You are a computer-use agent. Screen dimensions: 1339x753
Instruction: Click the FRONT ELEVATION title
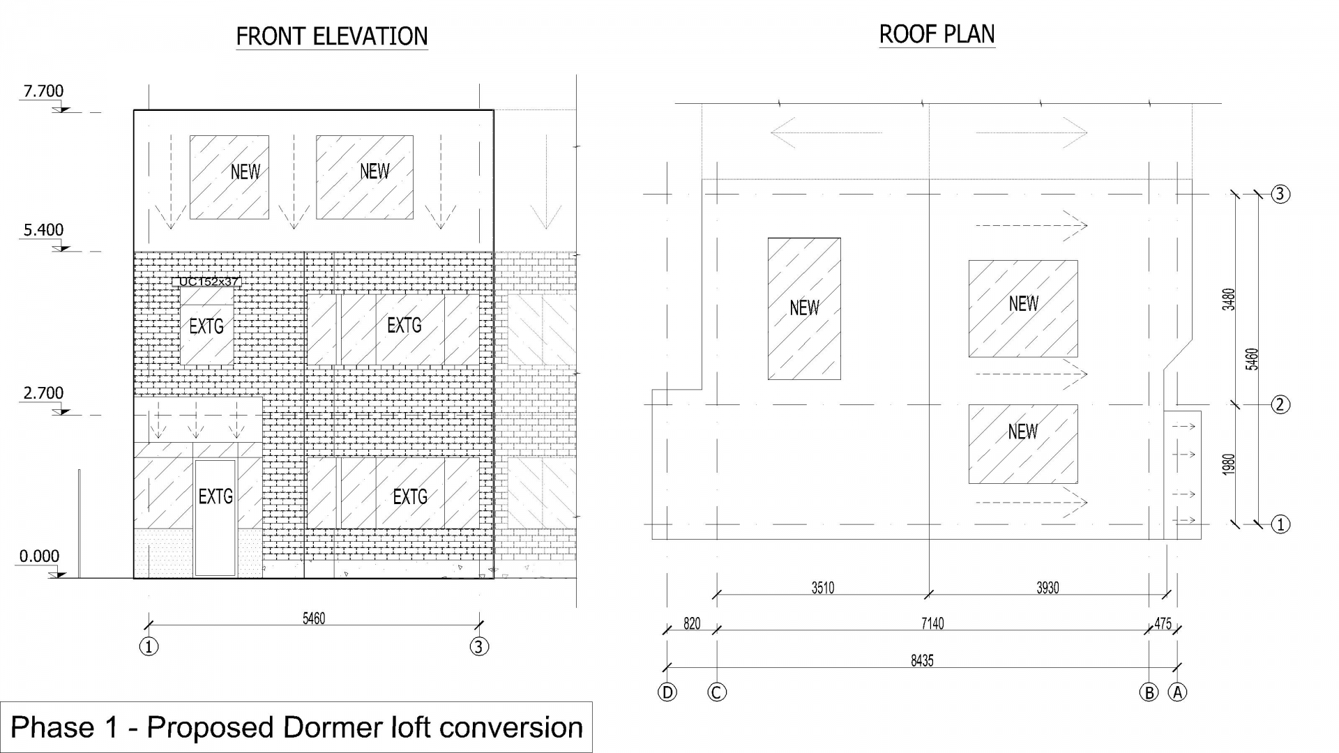(x=332, y=36)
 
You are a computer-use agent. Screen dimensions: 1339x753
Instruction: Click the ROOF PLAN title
(x=937, y=34)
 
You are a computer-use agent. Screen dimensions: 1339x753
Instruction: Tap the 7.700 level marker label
(x=43, y=91)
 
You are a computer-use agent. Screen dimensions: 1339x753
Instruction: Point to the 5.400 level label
(x=43, y=230)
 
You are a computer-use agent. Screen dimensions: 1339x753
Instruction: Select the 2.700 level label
(x=43, y=393)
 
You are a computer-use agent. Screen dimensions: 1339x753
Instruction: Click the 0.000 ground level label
(x=39, y=556)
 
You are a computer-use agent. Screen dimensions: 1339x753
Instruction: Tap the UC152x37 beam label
(x=209, y=282)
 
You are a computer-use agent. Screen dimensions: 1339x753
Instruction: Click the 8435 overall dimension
(x=922, y=660)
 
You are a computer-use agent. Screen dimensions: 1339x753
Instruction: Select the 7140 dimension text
(x=932, y=623)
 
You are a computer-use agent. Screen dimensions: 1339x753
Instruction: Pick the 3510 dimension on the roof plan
(x=823, y=588)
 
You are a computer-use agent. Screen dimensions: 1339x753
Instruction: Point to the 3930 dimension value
(x=1047, y=588)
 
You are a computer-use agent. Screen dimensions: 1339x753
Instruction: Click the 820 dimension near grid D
(x=692, y=623)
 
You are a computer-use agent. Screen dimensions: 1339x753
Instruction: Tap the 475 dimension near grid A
(x=1163, y=624)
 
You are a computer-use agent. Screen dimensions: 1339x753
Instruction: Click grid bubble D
(x=667, y=692)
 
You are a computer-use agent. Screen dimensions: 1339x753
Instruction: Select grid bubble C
(x=717, y=692)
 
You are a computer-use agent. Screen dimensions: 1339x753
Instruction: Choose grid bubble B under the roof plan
(x=1149, y=692)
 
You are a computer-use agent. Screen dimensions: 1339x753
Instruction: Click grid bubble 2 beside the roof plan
(x=1280, y=404)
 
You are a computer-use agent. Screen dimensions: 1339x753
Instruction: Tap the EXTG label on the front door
(x=215, y=496)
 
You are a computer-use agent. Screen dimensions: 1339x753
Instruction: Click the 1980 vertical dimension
(x=1229, y=464)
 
